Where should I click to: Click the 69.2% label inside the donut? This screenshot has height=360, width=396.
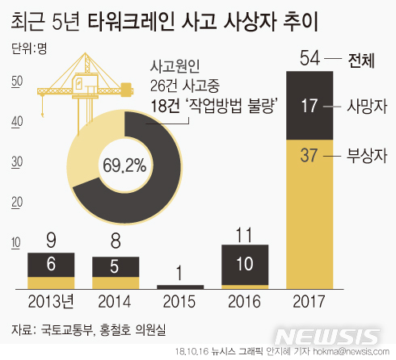point(124,166)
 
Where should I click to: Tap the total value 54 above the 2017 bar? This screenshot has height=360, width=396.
point(310,58)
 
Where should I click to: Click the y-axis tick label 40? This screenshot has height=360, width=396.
point(15,121)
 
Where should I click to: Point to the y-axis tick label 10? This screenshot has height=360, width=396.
point(15,242)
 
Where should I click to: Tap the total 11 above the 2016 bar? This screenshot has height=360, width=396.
point(245,235)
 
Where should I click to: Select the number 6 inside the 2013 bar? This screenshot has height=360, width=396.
point(51,264)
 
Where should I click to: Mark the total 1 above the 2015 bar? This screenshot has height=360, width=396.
point(180,274)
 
